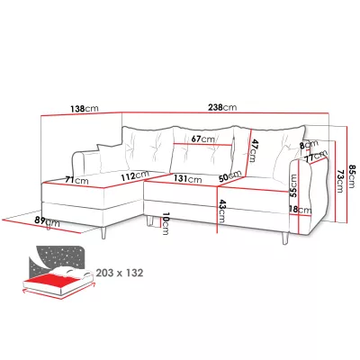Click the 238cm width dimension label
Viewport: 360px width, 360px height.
pos(221,107)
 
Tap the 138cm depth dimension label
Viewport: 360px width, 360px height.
pos(85,108)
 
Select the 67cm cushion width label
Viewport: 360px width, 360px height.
pos(203,139)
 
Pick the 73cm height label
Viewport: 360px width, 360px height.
pos(339,181)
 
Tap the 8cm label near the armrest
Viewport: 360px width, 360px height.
pos(309,145)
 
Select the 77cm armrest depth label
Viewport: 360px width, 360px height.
pos(315,156)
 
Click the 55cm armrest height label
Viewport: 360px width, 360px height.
pos(294,185)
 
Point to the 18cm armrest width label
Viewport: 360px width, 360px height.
pos(301,210)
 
